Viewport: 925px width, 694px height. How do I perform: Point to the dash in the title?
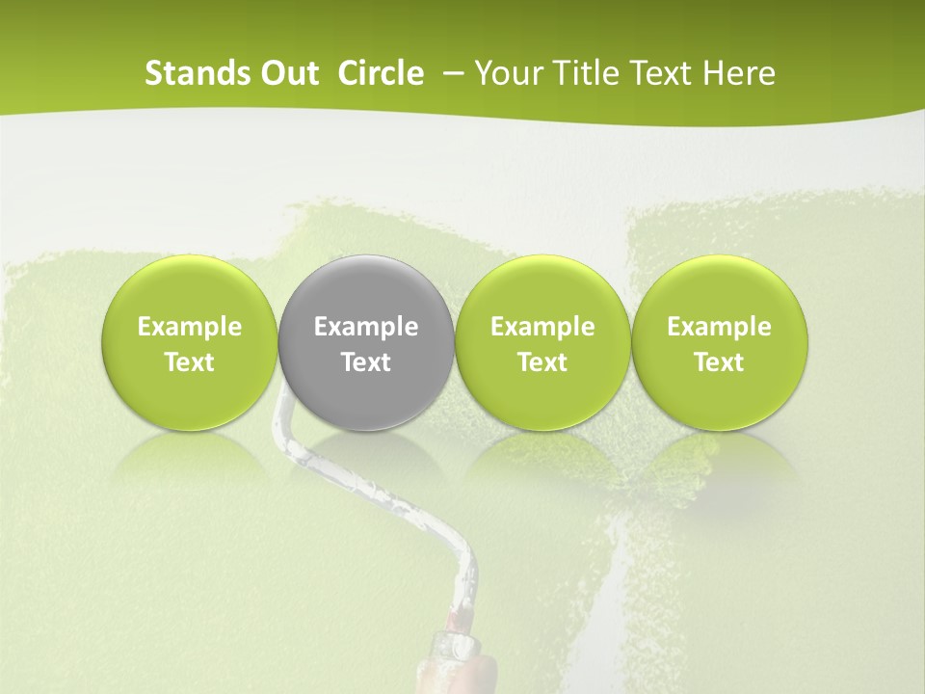click(450, 74)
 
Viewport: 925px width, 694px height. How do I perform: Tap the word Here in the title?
click(740, 73)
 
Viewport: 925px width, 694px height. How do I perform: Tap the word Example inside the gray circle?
click(366, 327)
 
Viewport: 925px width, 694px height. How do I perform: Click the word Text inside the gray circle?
click(366, 362)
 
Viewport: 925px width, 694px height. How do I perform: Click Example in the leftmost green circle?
click(190, 327)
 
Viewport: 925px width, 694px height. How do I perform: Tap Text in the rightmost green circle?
click(719, 362)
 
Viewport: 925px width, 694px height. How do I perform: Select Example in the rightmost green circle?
click(719, 327)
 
